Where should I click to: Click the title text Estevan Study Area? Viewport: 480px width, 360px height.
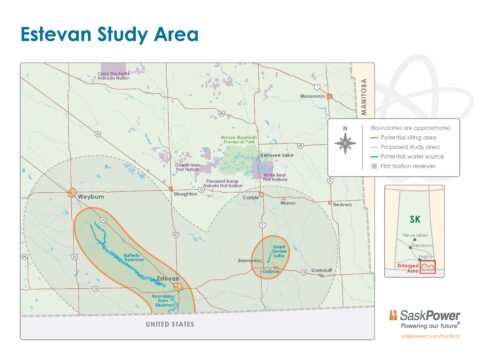tap(110, 35)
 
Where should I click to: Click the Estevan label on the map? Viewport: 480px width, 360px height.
tap(167, 277)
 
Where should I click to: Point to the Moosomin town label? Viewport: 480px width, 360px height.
tap(314, 97)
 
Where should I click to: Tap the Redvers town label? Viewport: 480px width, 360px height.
tap(343, 203)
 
